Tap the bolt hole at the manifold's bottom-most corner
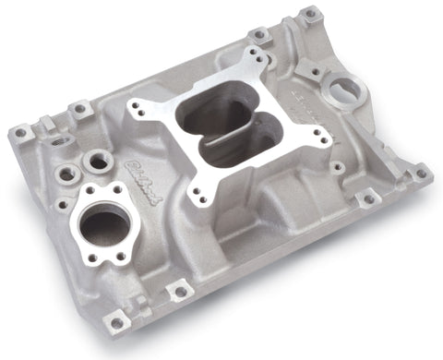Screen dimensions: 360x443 (x=118, y=321)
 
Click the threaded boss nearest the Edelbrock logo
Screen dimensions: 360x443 (x=94, y=162)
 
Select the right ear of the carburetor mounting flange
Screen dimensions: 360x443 (x=325, y=137)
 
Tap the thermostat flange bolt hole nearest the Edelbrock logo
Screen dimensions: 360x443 (x=119, y=190)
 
